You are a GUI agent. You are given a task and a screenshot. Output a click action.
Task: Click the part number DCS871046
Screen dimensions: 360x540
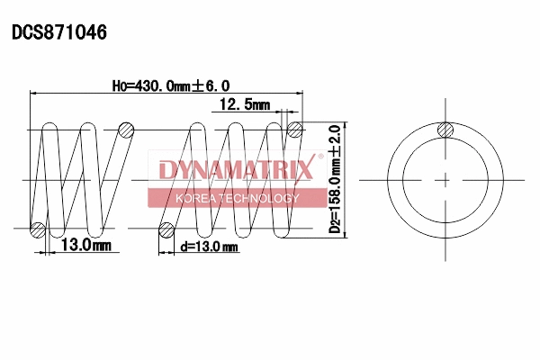pos(59,33)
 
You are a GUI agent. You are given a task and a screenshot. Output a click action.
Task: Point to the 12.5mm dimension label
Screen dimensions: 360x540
pos(246,105)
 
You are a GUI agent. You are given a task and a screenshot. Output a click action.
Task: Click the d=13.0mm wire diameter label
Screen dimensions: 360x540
pos(209,247)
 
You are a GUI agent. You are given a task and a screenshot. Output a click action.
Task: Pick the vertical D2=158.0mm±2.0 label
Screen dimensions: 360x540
pos(335,179)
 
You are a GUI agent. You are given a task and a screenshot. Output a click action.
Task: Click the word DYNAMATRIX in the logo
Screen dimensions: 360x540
pos(236,169)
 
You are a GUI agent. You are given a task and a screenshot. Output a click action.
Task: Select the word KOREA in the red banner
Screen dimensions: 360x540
pos(194,198)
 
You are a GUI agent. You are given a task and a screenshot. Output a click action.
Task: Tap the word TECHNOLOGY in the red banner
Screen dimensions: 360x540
pos(256,198)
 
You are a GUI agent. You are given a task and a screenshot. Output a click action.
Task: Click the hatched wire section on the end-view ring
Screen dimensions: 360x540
pos(444,131)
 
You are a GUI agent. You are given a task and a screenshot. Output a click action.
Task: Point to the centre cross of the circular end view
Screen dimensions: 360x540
pos(444,180)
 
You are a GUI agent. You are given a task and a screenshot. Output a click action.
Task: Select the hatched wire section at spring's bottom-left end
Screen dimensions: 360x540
pos(38,229)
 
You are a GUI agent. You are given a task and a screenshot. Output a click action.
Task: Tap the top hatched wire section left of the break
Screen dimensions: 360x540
pos(126,130)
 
